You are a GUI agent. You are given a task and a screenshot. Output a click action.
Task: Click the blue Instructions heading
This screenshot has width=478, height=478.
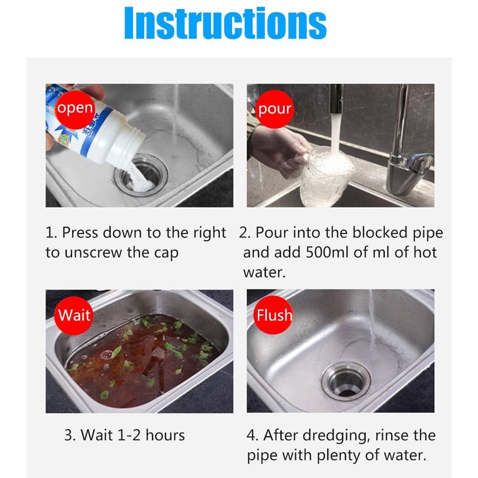pos(225,23)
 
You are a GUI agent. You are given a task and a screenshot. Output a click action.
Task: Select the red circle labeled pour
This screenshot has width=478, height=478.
pos(275,109)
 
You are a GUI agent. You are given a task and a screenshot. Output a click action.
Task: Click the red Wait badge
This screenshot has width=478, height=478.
pos(74,316)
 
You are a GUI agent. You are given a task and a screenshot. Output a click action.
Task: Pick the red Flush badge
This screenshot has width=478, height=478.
pos(274,315)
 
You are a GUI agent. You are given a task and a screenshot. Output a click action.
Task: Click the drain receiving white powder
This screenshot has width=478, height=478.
pos(141,175)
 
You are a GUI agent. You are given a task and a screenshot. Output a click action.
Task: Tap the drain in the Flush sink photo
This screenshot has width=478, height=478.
pos(346,381)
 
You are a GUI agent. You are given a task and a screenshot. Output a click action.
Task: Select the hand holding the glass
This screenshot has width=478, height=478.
pos(278,150)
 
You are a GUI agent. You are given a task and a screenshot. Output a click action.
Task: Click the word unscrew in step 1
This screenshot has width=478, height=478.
pos(93,253)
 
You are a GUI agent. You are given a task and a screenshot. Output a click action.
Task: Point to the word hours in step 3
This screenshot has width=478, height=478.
pos(165,435)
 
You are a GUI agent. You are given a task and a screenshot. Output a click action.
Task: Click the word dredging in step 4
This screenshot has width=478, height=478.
pos(337,436)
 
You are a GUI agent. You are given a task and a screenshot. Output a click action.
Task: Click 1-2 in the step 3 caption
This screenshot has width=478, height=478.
pos(129,435)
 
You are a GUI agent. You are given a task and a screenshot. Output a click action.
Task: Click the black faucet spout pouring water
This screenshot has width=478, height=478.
pos(336,98)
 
